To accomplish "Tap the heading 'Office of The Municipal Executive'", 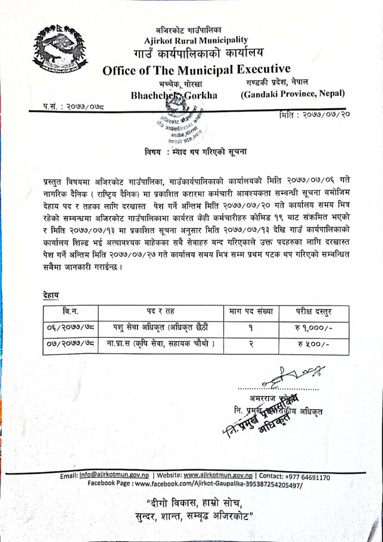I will pyautogui.click(x=196, y=69).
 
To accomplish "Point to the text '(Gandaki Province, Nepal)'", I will pyautogui.click(x=292, y=94).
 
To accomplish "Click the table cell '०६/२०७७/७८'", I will pyautogui.click(x=70, y=327).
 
